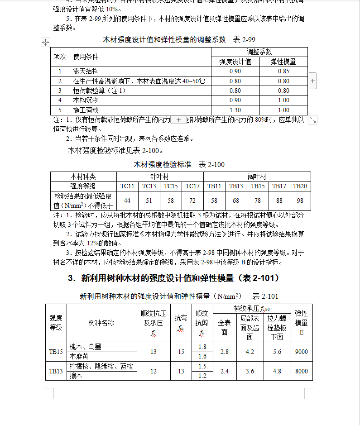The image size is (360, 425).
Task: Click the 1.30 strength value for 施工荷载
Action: pyautogui.click(x=235, y=110)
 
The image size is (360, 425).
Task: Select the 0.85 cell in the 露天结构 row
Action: pyautogui.click(x=283, y=72)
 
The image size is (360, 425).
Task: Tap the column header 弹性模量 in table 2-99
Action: pyautogui.click(x=283, y=62)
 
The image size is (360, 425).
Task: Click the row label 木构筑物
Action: pyautogui.click(x=86, y=100)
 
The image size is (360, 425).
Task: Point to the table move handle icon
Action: pyautogui.click(x=45, y=42)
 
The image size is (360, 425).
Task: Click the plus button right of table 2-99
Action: pyautogui.click(x=313, y=81)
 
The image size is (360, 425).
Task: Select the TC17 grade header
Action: pyautogui.click(x=192, y=186)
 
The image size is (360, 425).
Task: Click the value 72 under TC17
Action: pyautogui.click(x=192, y=201)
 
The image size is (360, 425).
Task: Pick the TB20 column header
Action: pyautogui.click(x=300, y=186)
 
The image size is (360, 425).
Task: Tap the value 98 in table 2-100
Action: pyautogui.click(x=300, y=201)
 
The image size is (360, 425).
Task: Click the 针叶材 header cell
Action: pyautogui.click(x=159, y=177)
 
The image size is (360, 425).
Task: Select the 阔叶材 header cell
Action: pyautogui.click(x=257, y=177)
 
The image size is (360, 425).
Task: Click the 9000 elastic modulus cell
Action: pyautogui.click(x=301, y=352)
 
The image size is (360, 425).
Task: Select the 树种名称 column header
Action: pyautogui.click(x=101, y=323)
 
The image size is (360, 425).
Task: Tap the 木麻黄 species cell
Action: pyautogui.click(x=79, y=357)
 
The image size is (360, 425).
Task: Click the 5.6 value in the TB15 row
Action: pyautogui.click(x=277, y=352)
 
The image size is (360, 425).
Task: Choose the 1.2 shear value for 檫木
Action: pyautogui.click(x=202, y=376)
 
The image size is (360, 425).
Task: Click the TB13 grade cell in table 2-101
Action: pyautogui.click(x=56, y=371)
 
